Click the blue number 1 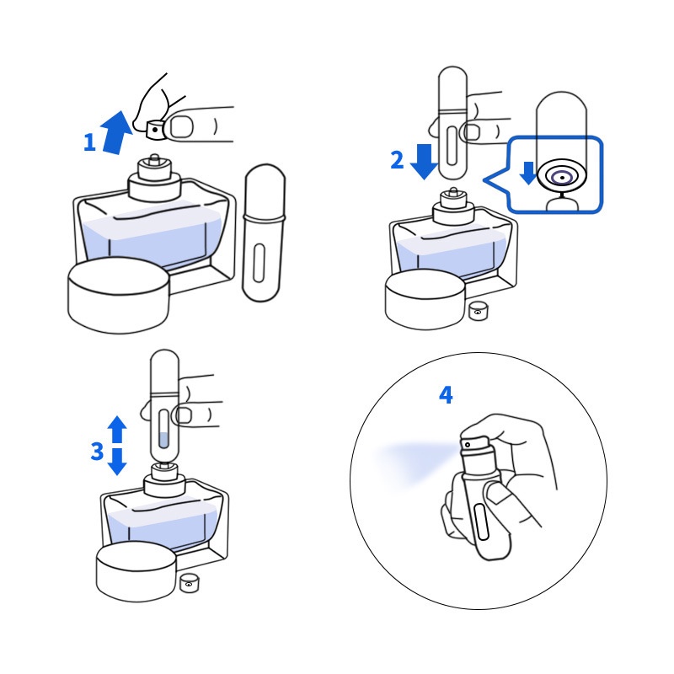click(x=89, y=142)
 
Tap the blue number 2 click(x=397, y=160)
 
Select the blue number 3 click(x=97, y=452)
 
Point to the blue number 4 click(x=446, y=395)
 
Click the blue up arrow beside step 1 click(x=116, y=132)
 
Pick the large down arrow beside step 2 click(x=425, y=162)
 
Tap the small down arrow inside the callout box click(x=528, y=173)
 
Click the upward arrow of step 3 click(x=117, y=429)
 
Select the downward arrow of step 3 click(x=117, y=462)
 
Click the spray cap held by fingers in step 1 click(x=155, y=130)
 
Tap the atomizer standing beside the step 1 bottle click(x=264, y=233)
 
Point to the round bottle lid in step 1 click(x=119, y=295)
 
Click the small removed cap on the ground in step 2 click(x=478, y=311)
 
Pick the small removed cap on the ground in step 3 click(x=189, y=582)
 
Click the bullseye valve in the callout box click(x=562, y=177)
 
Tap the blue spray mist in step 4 click(x=413, y=462)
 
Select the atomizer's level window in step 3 click(x=163, y=429)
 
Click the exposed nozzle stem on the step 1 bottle click(x=154, y=159)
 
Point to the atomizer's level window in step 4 click(x=481, y=522)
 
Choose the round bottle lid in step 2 click(x=425, y=300)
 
